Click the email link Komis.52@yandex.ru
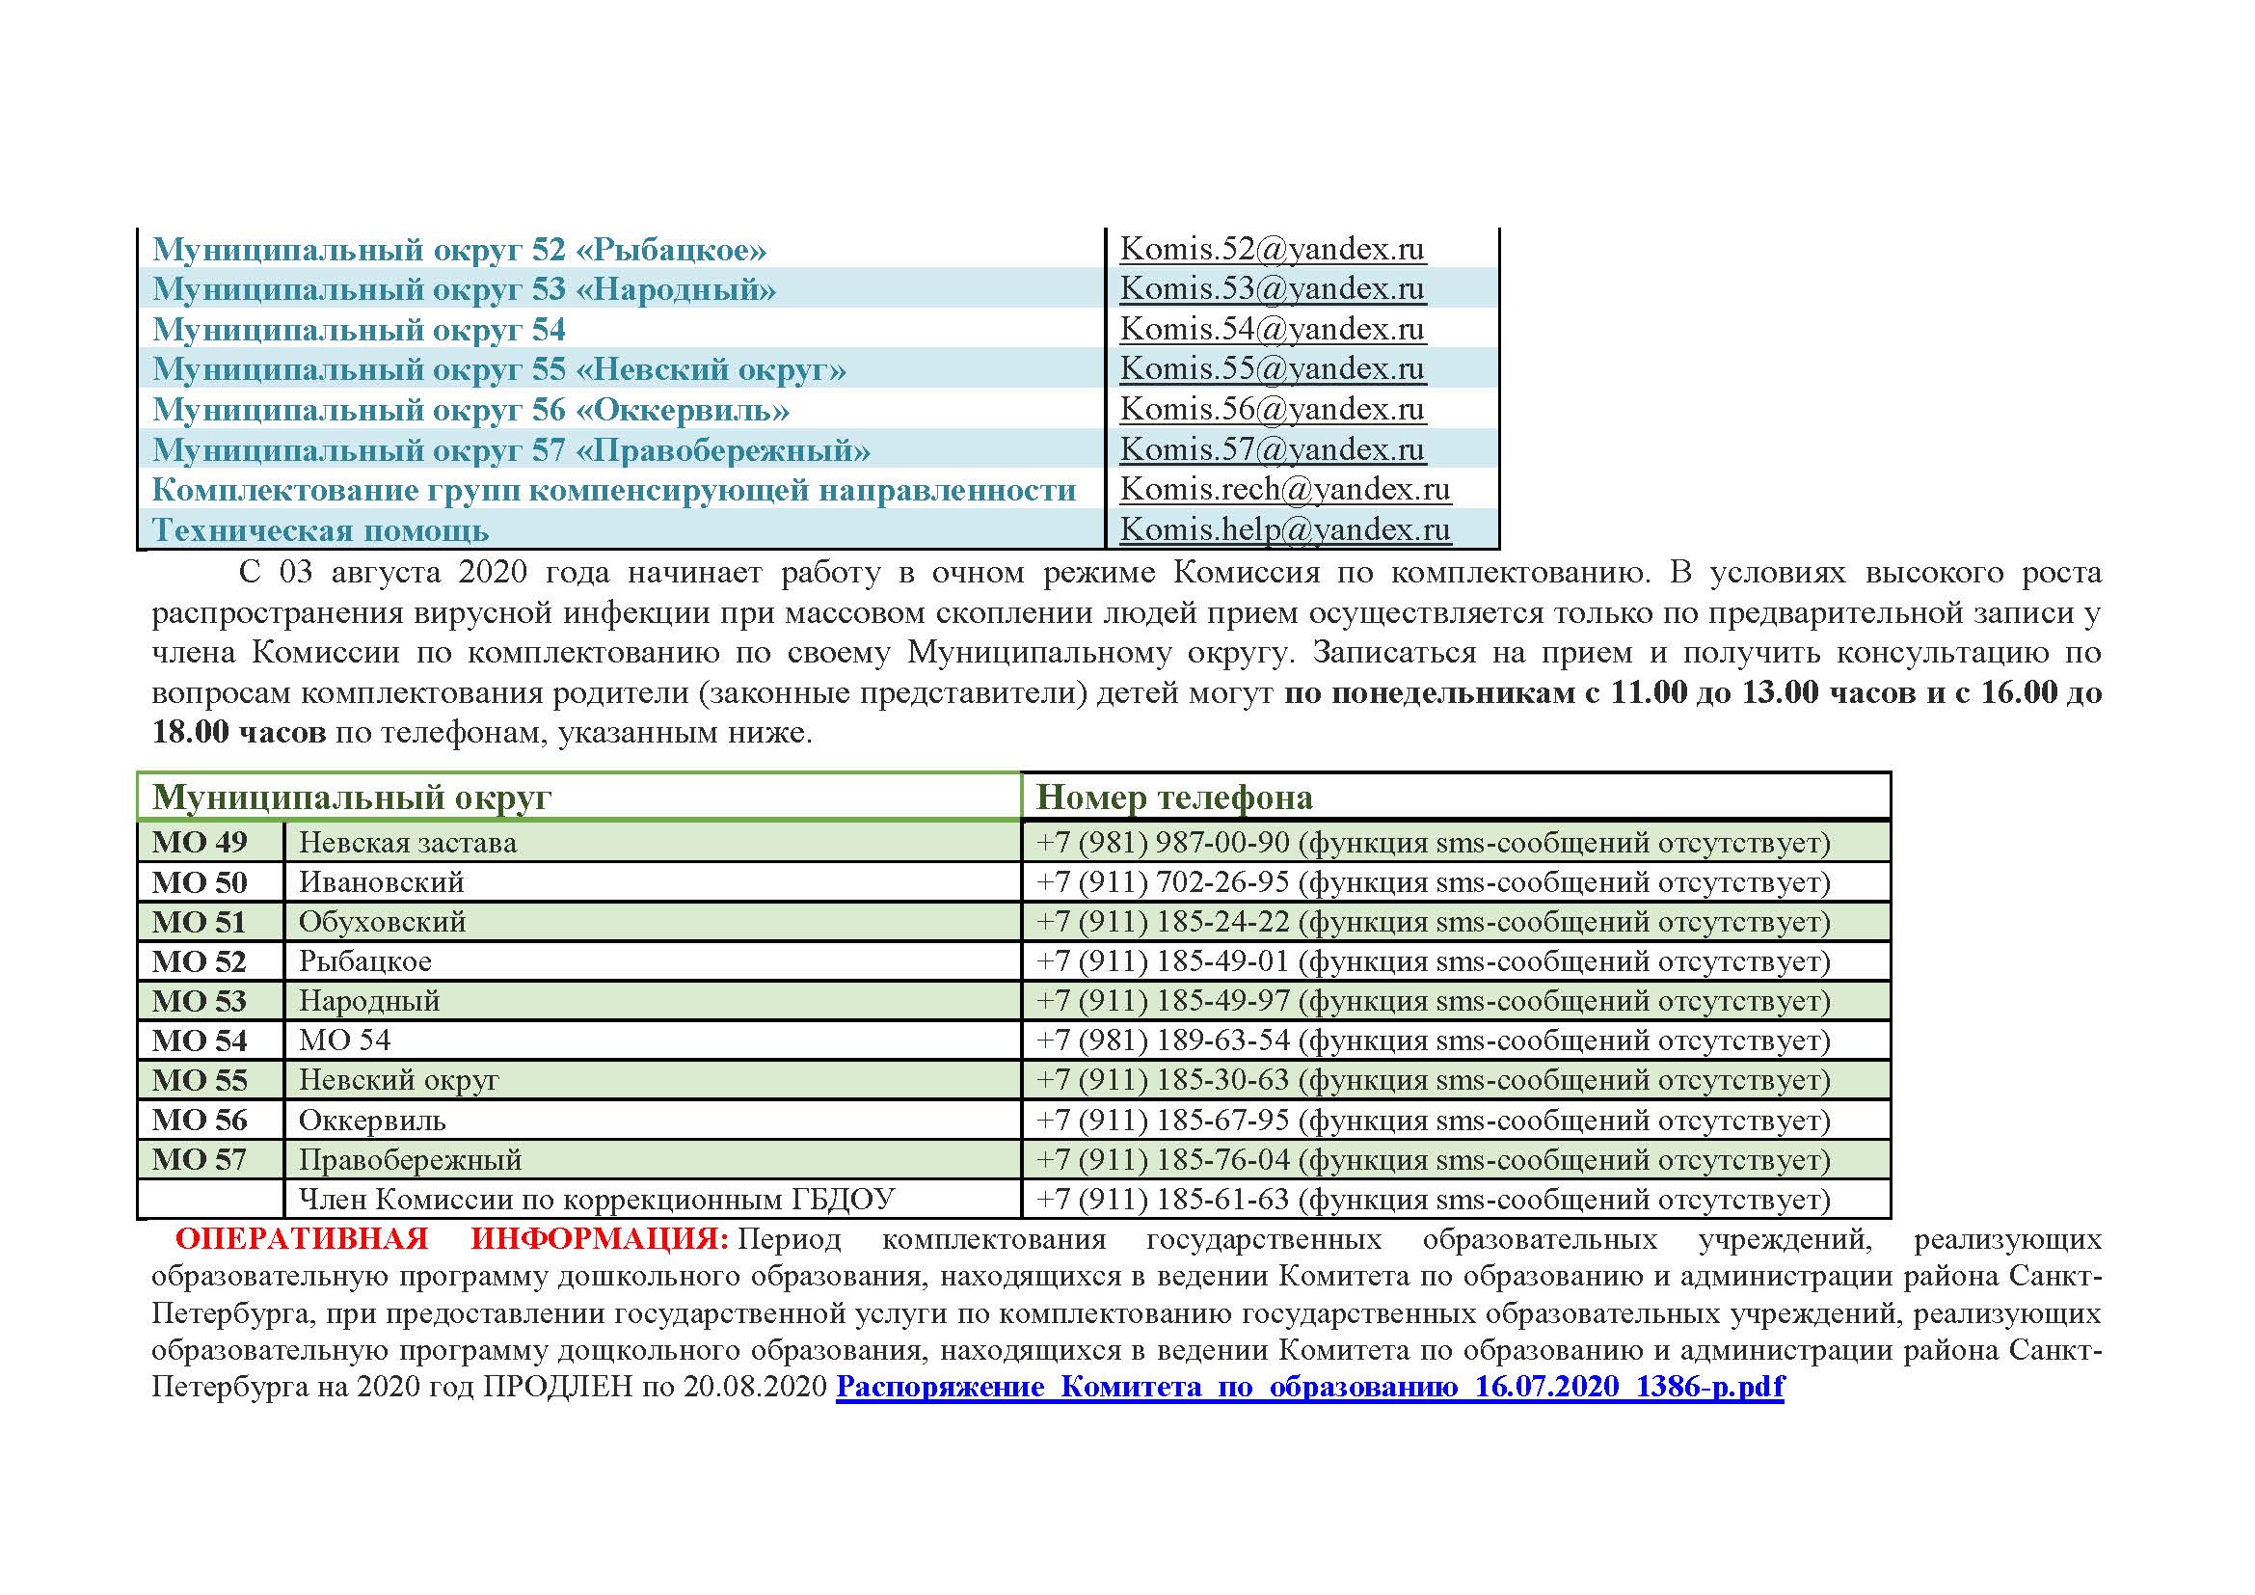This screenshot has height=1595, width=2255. pos(1272,250)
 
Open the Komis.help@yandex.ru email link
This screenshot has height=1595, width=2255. pos(1284,530)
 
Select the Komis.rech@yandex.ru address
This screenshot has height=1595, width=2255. pos(1284,490)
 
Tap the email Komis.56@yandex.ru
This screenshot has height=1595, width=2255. pos(1272,410)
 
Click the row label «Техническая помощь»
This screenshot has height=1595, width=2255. pos(320,531)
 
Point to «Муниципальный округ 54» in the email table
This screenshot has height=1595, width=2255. pos(360,330)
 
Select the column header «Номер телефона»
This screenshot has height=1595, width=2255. pos(1173,797)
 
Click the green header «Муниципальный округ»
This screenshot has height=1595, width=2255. pos(352,797)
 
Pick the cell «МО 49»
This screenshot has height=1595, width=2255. pos(200,843)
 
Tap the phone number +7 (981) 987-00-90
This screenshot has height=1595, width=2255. pos(1162,843)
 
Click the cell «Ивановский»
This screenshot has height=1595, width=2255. pos(381,882)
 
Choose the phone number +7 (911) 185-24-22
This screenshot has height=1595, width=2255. pos(1162,922)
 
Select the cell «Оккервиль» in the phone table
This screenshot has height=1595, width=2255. pos(372,1121)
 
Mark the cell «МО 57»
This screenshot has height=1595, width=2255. pos(200,1160)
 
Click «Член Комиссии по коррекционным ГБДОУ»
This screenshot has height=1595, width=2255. pos(596,1200)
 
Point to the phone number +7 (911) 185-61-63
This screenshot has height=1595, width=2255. pos(1162,1200)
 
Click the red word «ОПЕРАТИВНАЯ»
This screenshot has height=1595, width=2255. pos(302,1239)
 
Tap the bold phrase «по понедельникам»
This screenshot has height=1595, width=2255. pos(1429,693)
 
